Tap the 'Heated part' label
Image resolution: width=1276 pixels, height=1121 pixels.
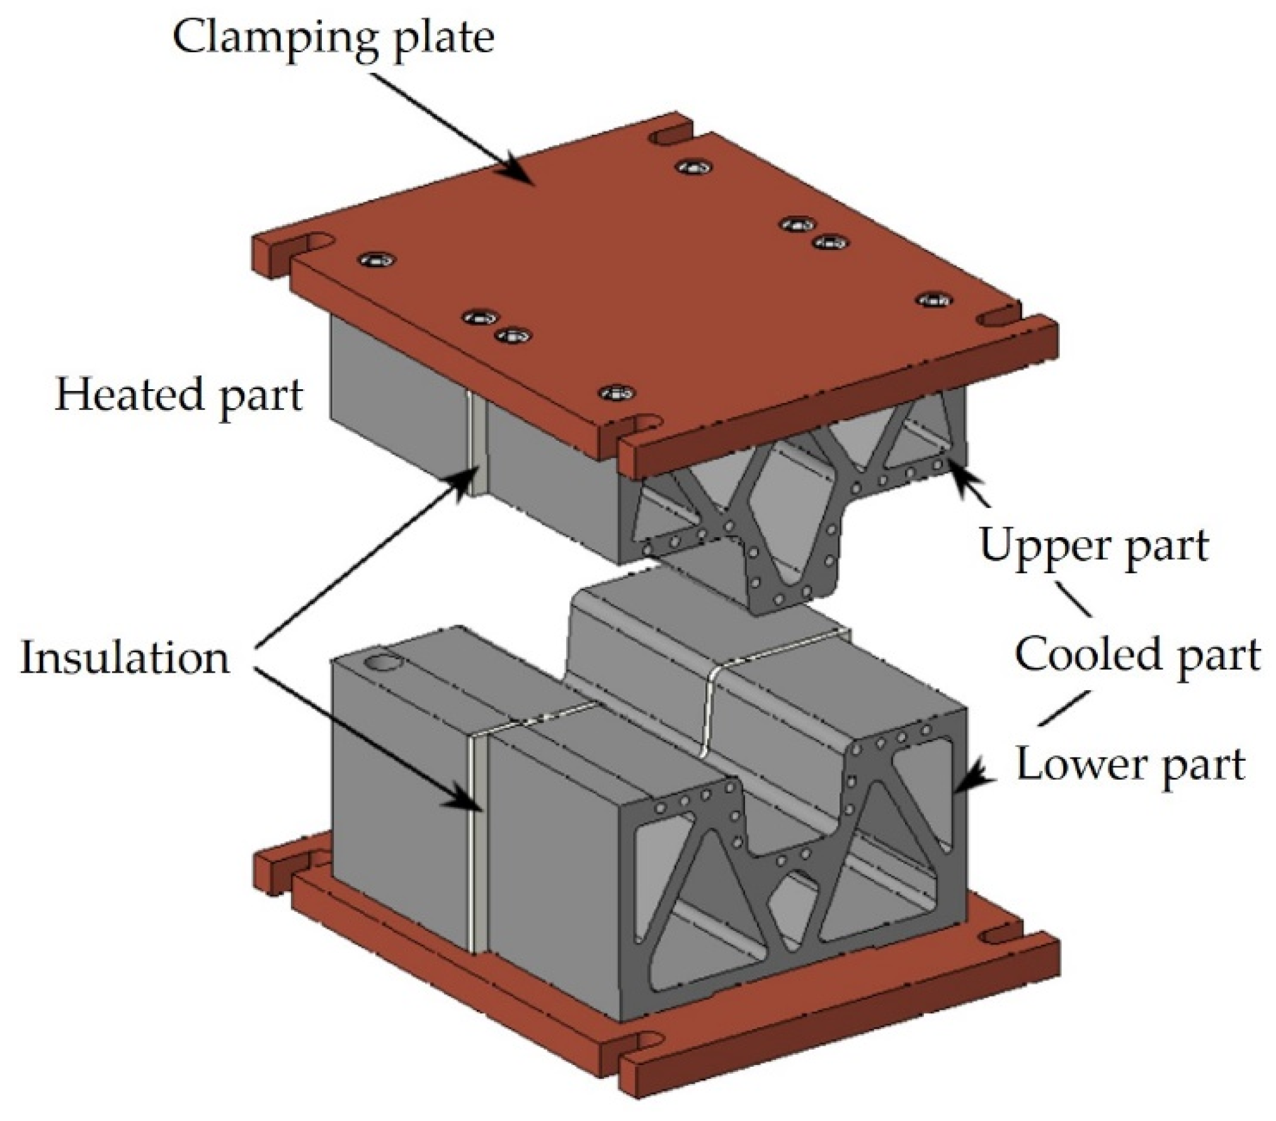point(179,395)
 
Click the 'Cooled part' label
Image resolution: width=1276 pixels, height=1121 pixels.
point(1137,656)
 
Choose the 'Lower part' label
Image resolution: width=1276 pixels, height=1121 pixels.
point(1131,765)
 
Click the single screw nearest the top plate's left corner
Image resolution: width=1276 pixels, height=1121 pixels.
point(377,260)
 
